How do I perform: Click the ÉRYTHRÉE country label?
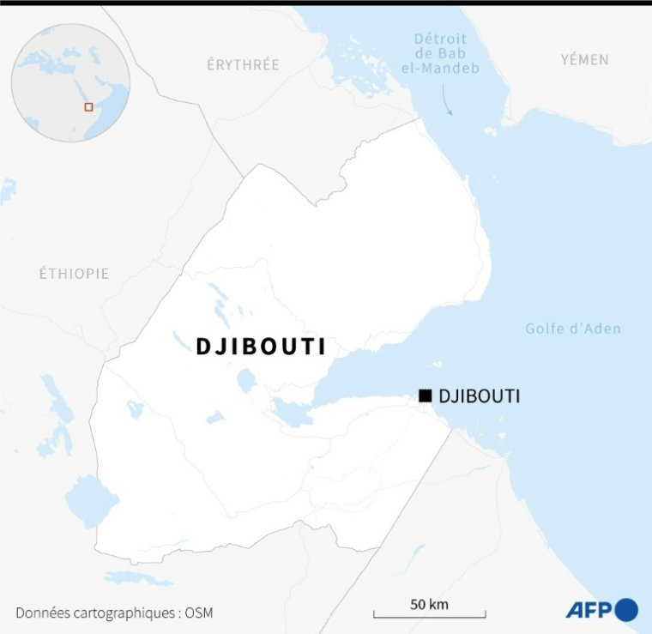pyautogui.click(x=243, y=64)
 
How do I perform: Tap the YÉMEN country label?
pyautogui.click(x=584, y=59)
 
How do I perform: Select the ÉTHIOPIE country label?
pyautogui.click(x=74, y=274)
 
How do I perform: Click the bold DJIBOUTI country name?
pyautogui.click(x=261, y=346)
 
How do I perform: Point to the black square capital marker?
pyautogui.click(x=425, y=395)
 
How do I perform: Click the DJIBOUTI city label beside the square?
pyautogui.click(x=479, y=396)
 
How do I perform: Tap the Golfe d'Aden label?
pyautogui.click(x=572, y=329)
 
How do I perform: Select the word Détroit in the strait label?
pyautogui.click(x=440, y=39)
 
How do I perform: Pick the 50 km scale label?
pyautogui.click(x=429, y=603)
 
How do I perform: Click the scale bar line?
pyautogui.click(x=430, y=614)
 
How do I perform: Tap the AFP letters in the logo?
pyautogui.click(x=589, y=610)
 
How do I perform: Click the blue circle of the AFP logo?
pyautogui.click(x=627, y=609)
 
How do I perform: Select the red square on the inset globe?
pyautogui.click(x=88, y=107)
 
